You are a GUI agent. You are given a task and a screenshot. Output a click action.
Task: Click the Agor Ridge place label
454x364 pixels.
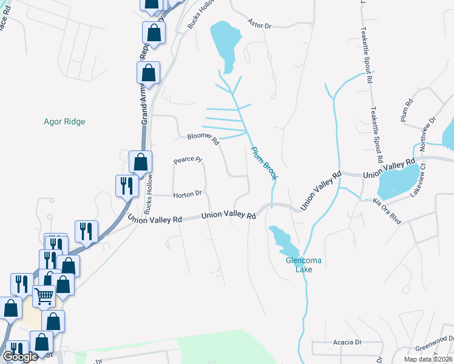point(64,121)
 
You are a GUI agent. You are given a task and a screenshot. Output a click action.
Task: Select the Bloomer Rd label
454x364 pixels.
point(203,139)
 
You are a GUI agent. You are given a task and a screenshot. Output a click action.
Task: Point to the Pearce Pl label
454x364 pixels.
point(187,160)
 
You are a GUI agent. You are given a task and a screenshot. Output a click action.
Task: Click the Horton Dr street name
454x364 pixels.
point(187,195)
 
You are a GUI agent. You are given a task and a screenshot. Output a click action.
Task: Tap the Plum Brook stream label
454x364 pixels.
point(264,162)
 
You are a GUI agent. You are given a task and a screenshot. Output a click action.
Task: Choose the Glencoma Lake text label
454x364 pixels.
point(299,265)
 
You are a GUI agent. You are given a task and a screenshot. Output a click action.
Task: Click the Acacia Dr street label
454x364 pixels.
point(347,342)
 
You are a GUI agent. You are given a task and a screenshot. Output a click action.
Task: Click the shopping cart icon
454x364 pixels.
point(45,297)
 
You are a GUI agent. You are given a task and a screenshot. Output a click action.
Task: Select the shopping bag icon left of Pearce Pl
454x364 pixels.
point(140,162)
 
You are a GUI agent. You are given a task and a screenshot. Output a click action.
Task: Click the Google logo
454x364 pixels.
point(20,357)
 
